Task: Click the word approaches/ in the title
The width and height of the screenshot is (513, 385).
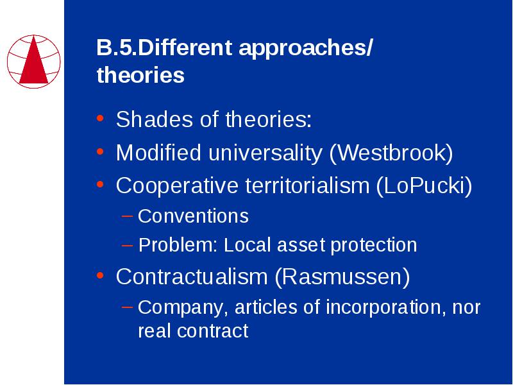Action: point(306,48)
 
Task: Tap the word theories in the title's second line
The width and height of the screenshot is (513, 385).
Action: point(140,74)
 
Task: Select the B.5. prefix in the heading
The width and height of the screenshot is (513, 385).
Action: point(117,47)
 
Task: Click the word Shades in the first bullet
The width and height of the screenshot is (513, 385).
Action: point(154,119)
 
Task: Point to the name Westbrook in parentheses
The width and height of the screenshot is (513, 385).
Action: point(391,153)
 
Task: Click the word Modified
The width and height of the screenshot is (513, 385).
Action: point(158,153)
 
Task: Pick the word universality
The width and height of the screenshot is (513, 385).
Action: point(265,153)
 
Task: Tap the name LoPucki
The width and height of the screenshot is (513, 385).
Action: point(424,186)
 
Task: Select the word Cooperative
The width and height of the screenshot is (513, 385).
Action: point(177,186)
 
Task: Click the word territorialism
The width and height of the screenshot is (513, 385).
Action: point(307,185)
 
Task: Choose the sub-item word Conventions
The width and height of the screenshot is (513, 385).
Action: point(193,216)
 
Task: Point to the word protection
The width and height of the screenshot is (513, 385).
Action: point(374,246)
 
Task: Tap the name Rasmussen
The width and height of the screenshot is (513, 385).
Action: point(342,277)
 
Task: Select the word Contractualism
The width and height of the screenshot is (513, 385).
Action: point(192,277)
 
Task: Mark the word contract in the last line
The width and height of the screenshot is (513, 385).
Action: point(213,331)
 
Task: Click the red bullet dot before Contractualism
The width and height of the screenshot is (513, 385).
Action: point(100,276)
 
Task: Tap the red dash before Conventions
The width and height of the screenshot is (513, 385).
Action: point(127,216)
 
